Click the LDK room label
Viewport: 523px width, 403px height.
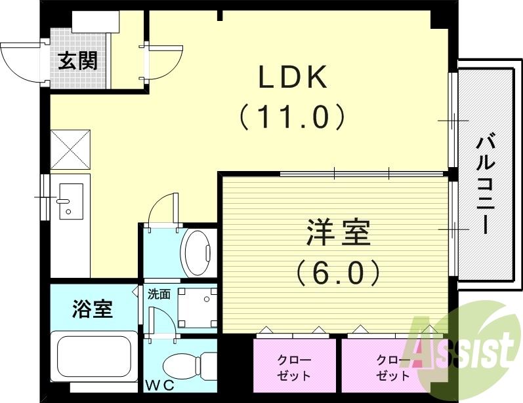click(292, 78)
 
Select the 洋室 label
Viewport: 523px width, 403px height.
click(338, 233)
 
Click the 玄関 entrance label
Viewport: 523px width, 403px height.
click(78, 61)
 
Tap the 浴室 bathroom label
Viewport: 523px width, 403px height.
click(92, 308)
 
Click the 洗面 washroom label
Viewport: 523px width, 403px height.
click(159, 294)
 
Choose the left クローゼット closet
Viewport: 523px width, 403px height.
click(295, 367)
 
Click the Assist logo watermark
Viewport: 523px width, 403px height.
click(463, 344)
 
